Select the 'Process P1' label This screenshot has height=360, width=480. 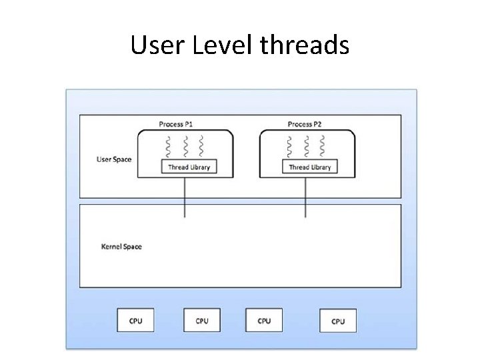176,124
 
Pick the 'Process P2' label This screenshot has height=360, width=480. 305,124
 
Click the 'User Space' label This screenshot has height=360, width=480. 114,159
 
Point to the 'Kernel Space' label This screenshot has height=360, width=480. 121,247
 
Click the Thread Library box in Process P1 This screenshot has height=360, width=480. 189,167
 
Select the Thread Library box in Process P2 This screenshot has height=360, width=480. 309,167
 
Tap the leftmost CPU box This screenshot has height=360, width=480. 135,321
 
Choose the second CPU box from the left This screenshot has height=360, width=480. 202,321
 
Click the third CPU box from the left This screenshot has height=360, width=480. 264,321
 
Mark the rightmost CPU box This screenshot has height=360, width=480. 338,321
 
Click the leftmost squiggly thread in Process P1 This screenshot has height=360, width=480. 169,145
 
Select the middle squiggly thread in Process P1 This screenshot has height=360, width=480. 185,145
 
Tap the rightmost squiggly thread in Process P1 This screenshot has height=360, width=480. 202,145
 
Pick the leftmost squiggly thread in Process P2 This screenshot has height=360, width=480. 289,145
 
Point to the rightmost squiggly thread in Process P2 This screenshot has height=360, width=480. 323,145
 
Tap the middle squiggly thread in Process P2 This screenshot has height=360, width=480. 306,145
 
